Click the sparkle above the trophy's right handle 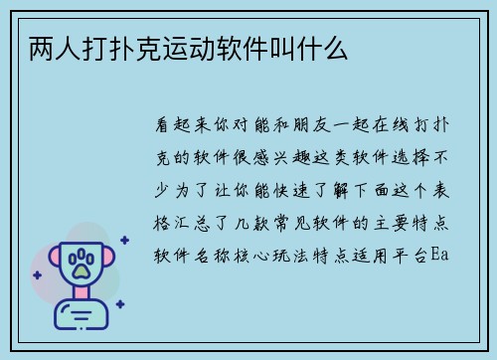(123, 239)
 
